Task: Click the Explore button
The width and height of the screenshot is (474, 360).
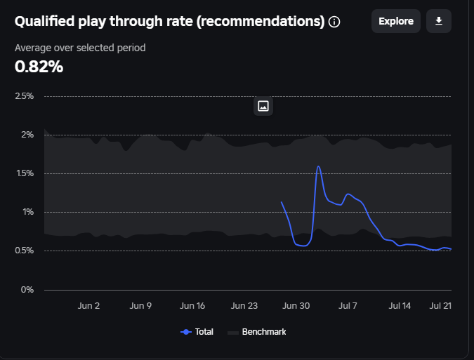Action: click(396, 21)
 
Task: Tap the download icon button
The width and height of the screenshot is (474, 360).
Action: click(439, 21)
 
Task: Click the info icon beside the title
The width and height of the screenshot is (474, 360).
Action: click(334, 22)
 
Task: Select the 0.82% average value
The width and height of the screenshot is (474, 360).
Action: click(39, 67)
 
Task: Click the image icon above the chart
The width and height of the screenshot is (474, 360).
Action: click(263, 106)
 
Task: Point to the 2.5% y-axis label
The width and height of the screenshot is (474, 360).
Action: click(24, 96)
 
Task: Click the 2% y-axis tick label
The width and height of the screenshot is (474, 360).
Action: click(27, 135)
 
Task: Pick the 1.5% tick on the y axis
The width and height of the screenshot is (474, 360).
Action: click(24, 173)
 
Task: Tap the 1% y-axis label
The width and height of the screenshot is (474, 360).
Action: click(27, 212)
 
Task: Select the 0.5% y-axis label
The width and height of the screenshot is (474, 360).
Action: click(24, 251)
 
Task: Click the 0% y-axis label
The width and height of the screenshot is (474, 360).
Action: click(27, 289)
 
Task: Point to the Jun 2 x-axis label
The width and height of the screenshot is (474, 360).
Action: click(88, 306)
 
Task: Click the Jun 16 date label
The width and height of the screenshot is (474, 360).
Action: click(192, 306)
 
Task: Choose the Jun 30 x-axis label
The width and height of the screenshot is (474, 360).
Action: click(296, 306)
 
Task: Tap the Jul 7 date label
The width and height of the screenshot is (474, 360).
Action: click(348, 306)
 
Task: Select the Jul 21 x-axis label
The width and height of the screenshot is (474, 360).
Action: click(440, 306)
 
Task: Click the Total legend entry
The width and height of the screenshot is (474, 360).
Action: click(197, 332)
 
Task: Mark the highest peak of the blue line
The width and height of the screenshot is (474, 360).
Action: click(319, 166)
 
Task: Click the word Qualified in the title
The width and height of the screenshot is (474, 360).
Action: click(43, 21)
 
